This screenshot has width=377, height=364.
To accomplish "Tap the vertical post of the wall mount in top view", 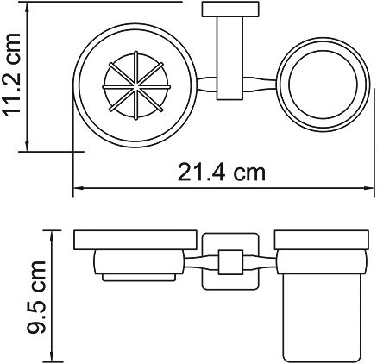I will pyautogui.click(x=225, y=60).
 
